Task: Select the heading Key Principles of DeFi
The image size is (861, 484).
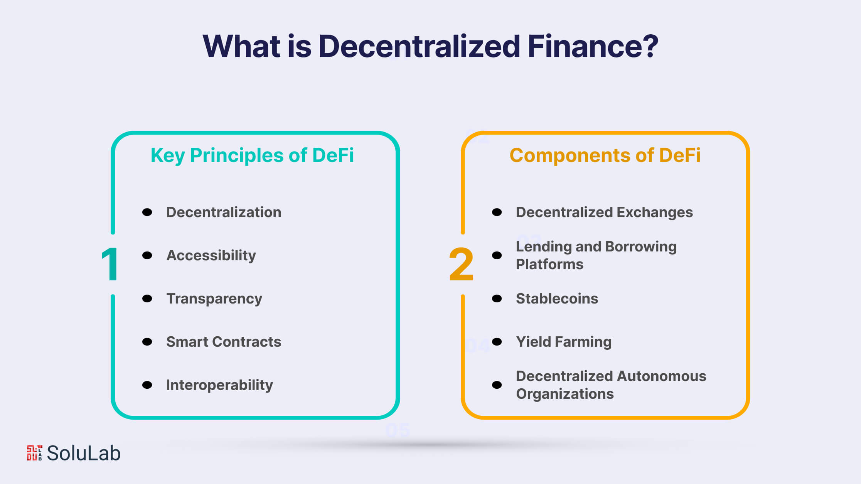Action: coord(252,156)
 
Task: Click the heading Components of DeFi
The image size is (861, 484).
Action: coord(605,155)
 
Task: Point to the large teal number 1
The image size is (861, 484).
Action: coord(110,264)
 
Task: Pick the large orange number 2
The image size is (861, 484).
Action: coord(461,264)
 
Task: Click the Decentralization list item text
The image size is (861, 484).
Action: coord(224,212)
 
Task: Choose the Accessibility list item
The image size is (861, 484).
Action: coord(211,256)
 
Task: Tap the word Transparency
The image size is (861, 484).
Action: coord(214,299)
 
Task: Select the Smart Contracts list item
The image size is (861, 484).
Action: coord(224,342)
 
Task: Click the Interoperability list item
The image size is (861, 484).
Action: coord(219,385)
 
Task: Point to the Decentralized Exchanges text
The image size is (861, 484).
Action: coord(604,212)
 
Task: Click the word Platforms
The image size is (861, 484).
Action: coord(549,264)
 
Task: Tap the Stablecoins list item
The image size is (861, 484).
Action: coord(557,298)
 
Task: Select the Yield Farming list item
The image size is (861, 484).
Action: coord(564,342)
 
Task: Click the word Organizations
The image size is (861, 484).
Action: coord(565,394)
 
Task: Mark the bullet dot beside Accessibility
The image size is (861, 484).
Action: coord(147,255)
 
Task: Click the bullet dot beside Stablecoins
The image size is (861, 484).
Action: coord(497,298)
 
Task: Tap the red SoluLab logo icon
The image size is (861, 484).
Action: coord(34,453)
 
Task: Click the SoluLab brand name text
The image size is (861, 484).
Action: coord(84,453)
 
